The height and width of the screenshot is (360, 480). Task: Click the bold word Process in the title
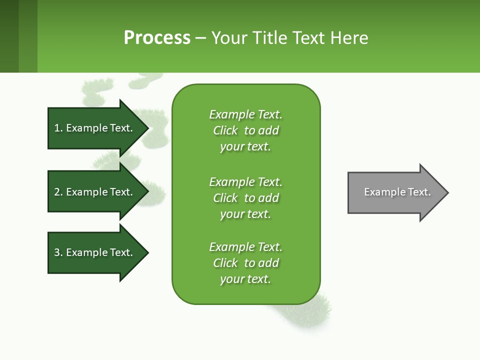pyautogui.click(x=157, y=38)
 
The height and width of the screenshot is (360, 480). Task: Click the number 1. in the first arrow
pyautogui.click(x=58, y=128)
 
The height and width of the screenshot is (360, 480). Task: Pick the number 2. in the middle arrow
pyautogui.click(x=58, y=192)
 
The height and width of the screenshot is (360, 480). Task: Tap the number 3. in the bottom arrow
pyautogui.click(x=58, y=252)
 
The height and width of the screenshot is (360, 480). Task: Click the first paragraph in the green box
pyautogui.click(x=245, y=130)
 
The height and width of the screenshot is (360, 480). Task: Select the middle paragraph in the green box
pyautogui.click(x=245, y=198)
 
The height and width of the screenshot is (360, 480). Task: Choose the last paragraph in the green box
pyautogui.click(x=245, y=263)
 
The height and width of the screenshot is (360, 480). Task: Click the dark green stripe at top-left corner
pyautogui.click(x=9, y=36)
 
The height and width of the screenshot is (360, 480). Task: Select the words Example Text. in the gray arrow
pyautogui.click(x=397, y=192)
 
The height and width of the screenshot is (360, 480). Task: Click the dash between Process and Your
pyautogui.click(x=200, y=38)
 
